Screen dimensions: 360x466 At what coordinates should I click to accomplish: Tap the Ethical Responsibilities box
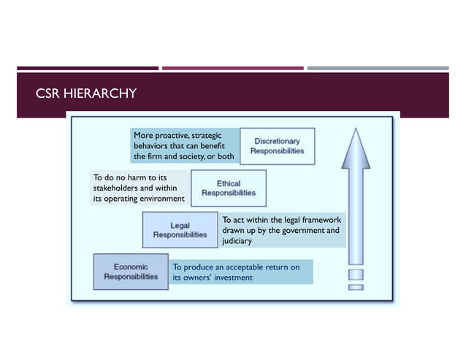pyautogui.click(x=228, y=188)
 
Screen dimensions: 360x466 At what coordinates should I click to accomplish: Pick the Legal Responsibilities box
pyautogui.click(x=180, y=230)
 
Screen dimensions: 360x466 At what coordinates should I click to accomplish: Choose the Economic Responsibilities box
pyautogui.click(x=131, y=272)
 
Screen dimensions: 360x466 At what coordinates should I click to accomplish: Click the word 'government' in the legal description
pyautogui.click(x=294, y=231)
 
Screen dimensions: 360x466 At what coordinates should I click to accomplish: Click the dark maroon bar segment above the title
pyautogui.click(x=87, y=69)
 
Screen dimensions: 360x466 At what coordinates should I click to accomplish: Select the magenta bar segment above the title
pyautogui.click(x=232, y=69)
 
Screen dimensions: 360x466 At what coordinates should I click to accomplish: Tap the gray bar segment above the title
pyautogui.click(x=378, y=69)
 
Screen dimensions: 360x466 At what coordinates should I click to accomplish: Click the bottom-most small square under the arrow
pyautogui.click(x=356, y=287)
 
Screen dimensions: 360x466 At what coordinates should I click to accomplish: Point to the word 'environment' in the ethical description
pyautogui.click(x=160, y=199)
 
